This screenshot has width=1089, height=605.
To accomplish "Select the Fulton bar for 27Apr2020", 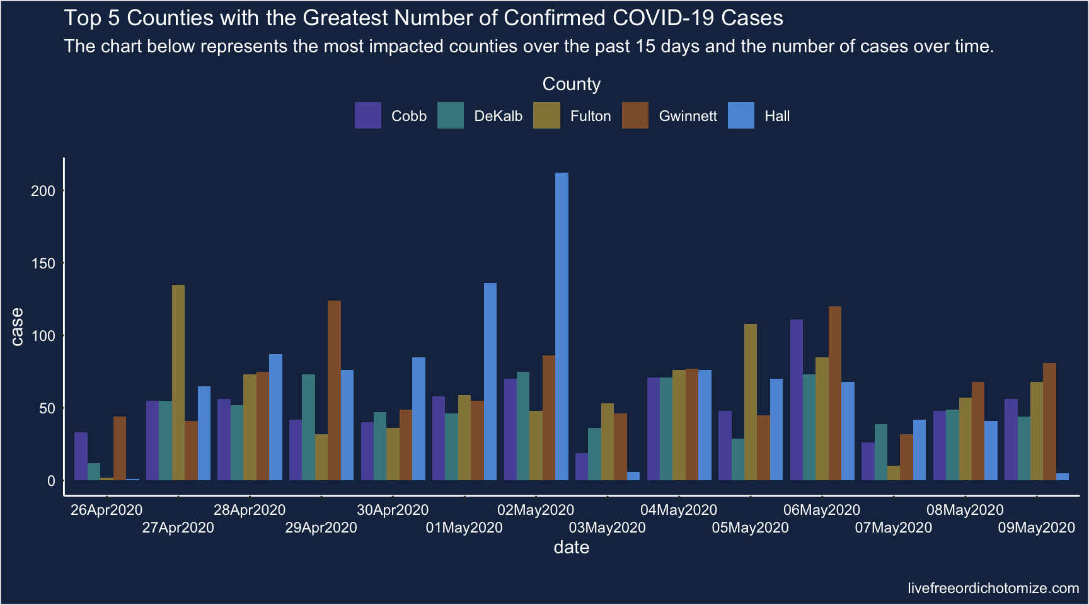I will pyautogui.click(x=178, y=383).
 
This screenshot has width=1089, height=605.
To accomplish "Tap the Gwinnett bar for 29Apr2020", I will pyautogui.click(x=334, y=391).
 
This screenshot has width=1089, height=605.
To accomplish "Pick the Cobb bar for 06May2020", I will pyautogui.click(x=797, y=400).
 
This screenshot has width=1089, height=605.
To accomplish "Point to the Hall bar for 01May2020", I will pyautogui.click(x=490, y=382).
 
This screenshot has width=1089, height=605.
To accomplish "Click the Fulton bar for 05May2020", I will pyautogui.click(x=751, y=402).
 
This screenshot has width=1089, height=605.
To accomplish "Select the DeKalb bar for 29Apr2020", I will pyautogui.click(x=308, y=427).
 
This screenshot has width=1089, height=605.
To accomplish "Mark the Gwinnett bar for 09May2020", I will pyautogui.click(x=1049, y=422).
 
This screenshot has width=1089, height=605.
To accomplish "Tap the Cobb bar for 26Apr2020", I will pyautogui.click(x=81, y=456).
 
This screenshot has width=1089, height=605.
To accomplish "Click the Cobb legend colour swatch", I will pyautogui.click(x=368, y=116).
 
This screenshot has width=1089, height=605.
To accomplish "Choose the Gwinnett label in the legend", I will pyautogui.click(x=688, y=117).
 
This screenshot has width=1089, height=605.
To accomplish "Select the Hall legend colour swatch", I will pyautogui.click(x=741, y=116).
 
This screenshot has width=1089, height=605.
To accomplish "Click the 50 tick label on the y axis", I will pyautogui.click(x=47, y=408).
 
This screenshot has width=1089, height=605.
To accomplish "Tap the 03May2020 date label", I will pyautogui.click(x=607, y=527).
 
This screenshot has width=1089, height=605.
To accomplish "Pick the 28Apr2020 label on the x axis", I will pyautogui.click(x=250, y=510).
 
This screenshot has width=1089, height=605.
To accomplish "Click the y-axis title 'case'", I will pyautogui.click(x=17, y=326).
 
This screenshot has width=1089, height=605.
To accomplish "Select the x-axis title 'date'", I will pyautogui.click(x=571, y=547).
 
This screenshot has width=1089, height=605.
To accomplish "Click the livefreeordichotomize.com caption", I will pyautogui.click(x=993, y=588).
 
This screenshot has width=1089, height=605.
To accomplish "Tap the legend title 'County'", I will pyautogui.click(x=571, y=84).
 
